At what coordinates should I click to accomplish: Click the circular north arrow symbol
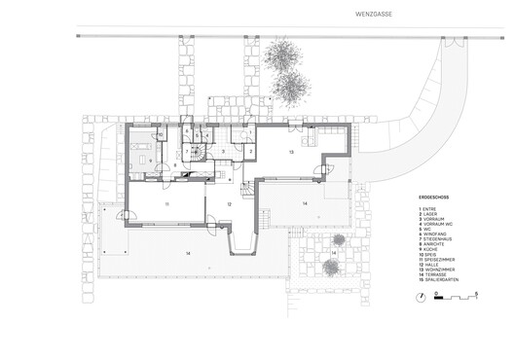[439, 294]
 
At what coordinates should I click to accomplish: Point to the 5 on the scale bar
[477, 291]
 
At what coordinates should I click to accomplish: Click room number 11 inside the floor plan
[166, 204]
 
